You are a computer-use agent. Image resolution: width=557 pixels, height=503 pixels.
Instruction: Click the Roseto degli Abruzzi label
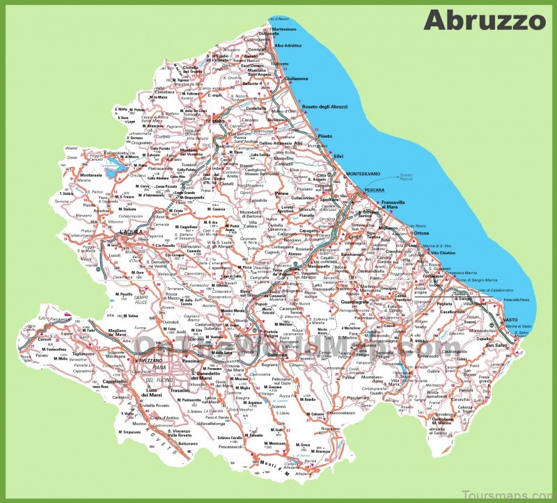pos(326,106)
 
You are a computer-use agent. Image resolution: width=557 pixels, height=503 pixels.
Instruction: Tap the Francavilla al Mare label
pos(393,205)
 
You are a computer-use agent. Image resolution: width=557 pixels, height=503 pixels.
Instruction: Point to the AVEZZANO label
pos(147,361)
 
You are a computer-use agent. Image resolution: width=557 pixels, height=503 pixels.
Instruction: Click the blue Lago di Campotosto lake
pos(111,166)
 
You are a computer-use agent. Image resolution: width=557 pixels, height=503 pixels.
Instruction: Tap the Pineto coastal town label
pos(325,136)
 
